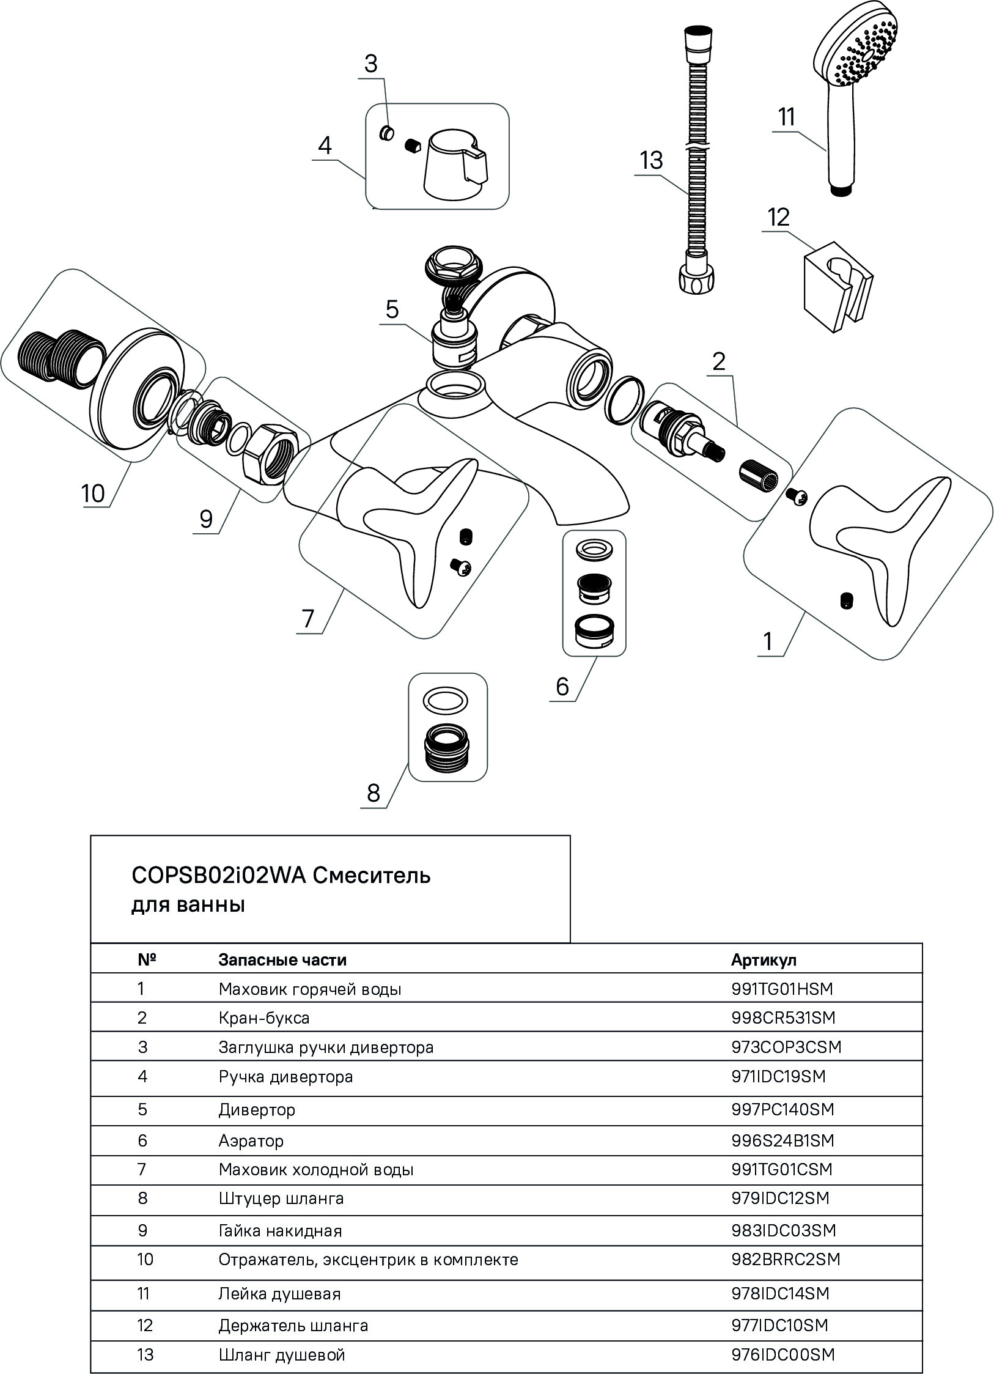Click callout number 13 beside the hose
[x=652, y=161]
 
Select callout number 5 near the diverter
[x=392, y=309]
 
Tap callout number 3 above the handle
[x=371, y=64]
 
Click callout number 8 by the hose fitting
[x=373, y=793]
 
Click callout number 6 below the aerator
[x=562, y=687]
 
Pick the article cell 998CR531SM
[x=783, y=1018]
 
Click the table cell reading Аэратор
[x=251, y=1140]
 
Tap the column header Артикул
[x=764, y=960]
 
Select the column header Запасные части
[x=282, y=960]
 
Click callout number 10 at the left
[x=94, y=493]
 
